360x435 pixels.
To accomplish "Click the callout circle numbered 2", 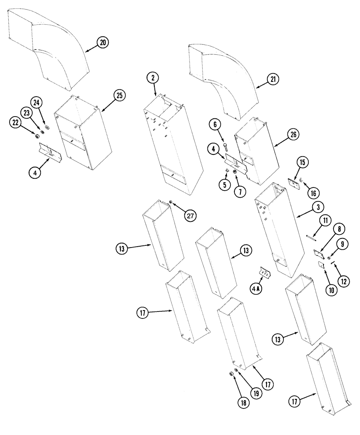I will pos(152,78).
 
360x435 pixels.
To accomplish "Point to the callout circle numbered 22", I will pos(16,123).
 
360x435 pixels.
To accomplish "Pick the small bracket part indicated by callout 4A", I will pos(264,272).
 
